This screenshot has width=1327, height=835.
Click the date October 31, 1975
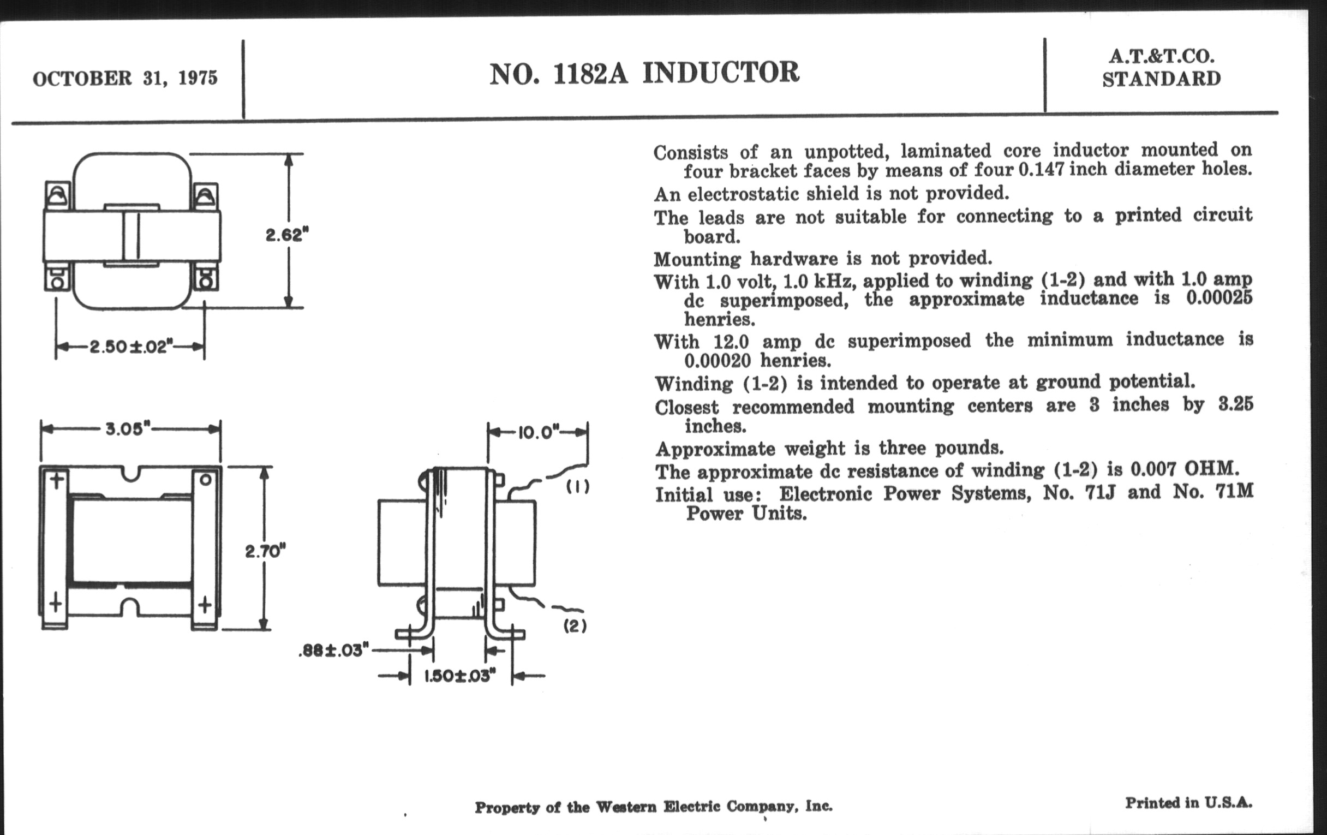tap(125, 78)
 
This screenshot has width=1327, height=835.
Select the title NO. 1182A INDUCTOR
tap(644, 73)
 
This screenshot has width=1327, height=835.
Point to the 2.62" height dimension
tap(286, 235)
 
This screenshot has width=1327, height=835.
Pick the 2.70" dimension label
tap(266, 551)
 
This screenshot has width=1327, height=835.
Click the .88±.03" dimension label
tap(333, 651)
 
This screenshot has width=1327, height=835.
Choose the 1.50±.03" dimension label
tap(460, 676)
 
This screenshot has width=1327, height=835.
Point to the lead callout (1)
tap(577, 487)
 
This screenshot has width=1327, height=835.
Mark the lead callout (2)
tap(575, 626)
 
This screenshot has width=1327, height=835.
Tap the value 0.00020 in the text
tap(718, 361)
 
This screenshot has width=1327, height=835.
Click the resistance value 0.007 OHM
tap(1185, 469)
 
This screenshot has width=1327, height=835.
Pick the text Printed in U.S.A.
tap(1188, 802)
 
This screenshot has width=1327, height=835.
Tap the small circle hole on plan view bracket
tap(205, 480)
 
